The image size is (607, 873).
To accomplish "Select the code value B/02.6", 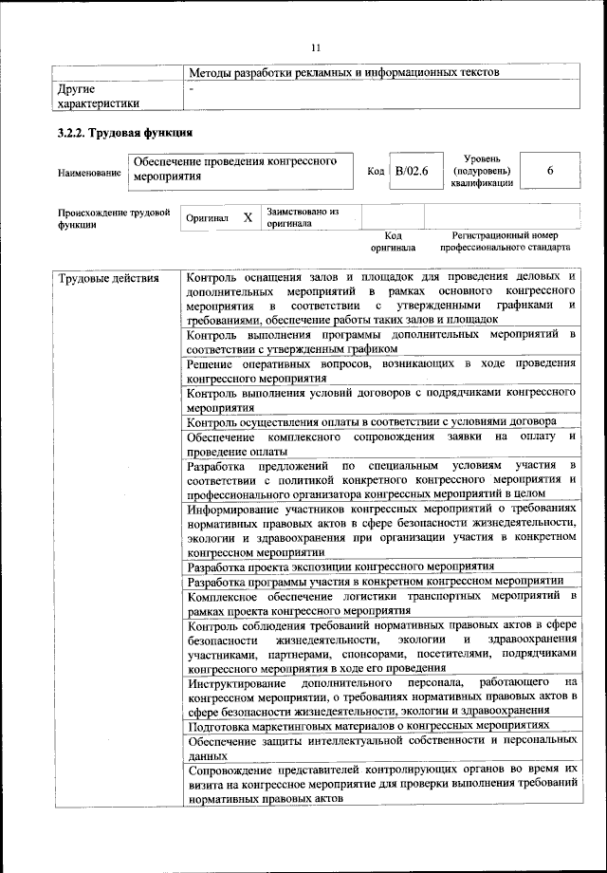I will (413, 171).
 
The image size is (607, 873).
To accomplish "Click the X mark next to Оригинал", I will (248, 217).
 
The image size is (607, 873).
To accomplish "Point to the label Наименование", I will (89, 173).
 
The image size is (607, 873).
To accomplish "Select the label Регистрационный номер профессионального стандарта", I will (505, 240).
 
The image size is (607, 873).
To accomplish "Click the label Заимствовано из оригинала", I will (303, 218).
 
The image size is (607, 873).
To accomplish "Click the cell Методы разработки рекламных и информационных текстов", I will (343, 72).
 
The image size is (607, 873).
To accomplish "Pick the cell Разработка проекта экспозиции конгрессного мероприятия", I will (347, 566).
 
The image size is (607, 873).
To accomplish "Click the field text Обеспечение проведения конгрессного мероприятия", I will (235, 169).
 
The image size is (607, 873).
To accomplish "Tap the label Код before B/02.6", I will (375, 171).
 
